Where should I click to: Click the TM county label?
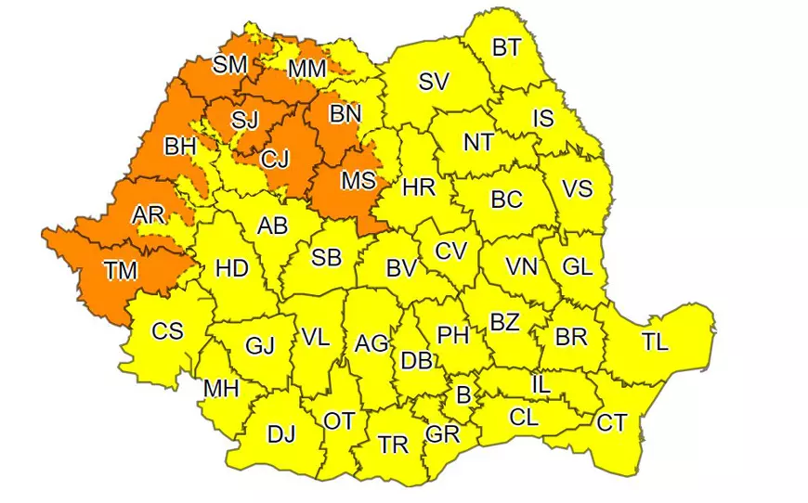[120, 271]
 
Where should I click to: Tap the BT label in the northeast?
[506, 48]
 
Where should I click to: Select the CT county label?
[611, 423]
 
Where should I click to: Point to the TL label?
[654, 342]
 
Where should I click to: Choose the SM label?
[229, 65]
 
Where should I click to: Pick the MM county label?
[306, 70]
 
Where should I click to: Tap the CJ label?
[275, 160]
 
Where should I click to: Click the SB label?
[326, 258]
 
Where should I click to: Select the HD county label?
[231, 269]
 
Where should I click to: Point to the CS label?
[167, 330]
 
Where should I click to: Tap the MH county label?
[221, 389]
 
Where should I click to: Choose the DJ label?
[281, 434]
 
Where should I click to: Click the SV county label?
[433, 82]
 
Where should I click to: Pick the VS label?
[577, 188]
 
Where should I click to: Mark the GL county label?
[577, 267]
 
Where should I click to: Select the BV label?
[400, 269]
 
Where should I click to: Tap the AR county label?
[148, 215]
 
